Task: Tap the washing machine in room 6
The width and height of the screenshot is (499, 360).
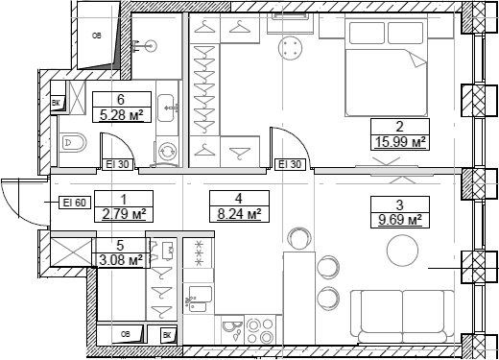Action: point(168,152)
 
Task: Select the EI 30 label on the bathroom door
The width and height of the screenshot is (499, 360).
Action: point(118,165)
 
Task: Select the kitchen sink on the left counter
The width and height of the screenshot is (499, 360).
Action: point(200,296)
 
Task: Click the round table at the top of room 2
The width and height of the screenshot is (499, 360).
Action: point(290,48)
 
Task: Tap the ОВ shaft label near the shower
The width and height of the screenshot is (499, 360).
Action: point(97,36)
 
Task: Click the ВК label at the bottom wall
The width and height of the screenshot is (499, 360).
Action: point(167,334)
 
